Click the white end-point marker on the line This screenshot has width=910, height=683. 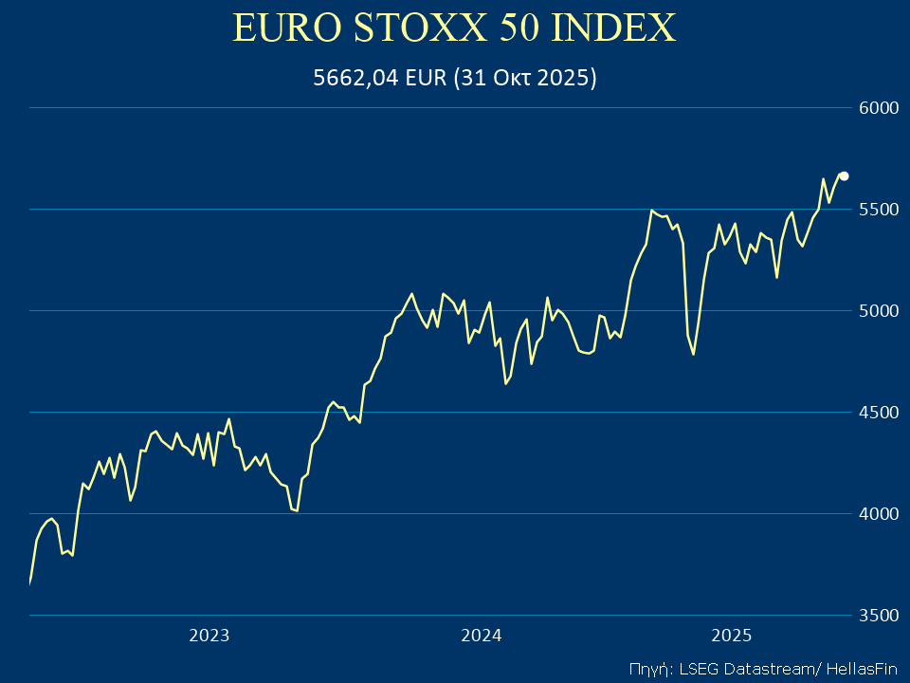tap(844, 175)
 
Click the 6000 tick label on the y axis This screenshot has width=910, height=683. tap(878, 108)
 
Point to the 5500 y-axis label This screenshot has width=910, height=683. tap(878, 210)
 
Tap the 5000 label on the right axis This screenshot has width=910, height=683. tap(878, 311)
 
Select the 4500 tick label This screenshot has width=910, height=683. tap(878, 413)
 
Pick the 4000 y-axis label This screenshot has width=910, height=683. tap(878, 514)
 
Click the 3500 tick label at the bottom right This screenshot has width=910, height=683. tap(878, 616)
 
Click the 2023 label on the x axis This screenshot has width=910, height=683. tap(209, 636)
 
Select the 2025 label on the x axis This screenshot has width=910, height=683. tap(732, 636)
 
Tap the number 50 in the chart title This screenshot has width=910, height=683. tap(515, 28)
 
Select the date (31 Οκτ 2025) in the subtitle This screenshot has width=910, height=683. tap(525, 79)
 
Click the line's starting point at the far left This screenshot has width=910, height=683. tap(30, 582)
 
